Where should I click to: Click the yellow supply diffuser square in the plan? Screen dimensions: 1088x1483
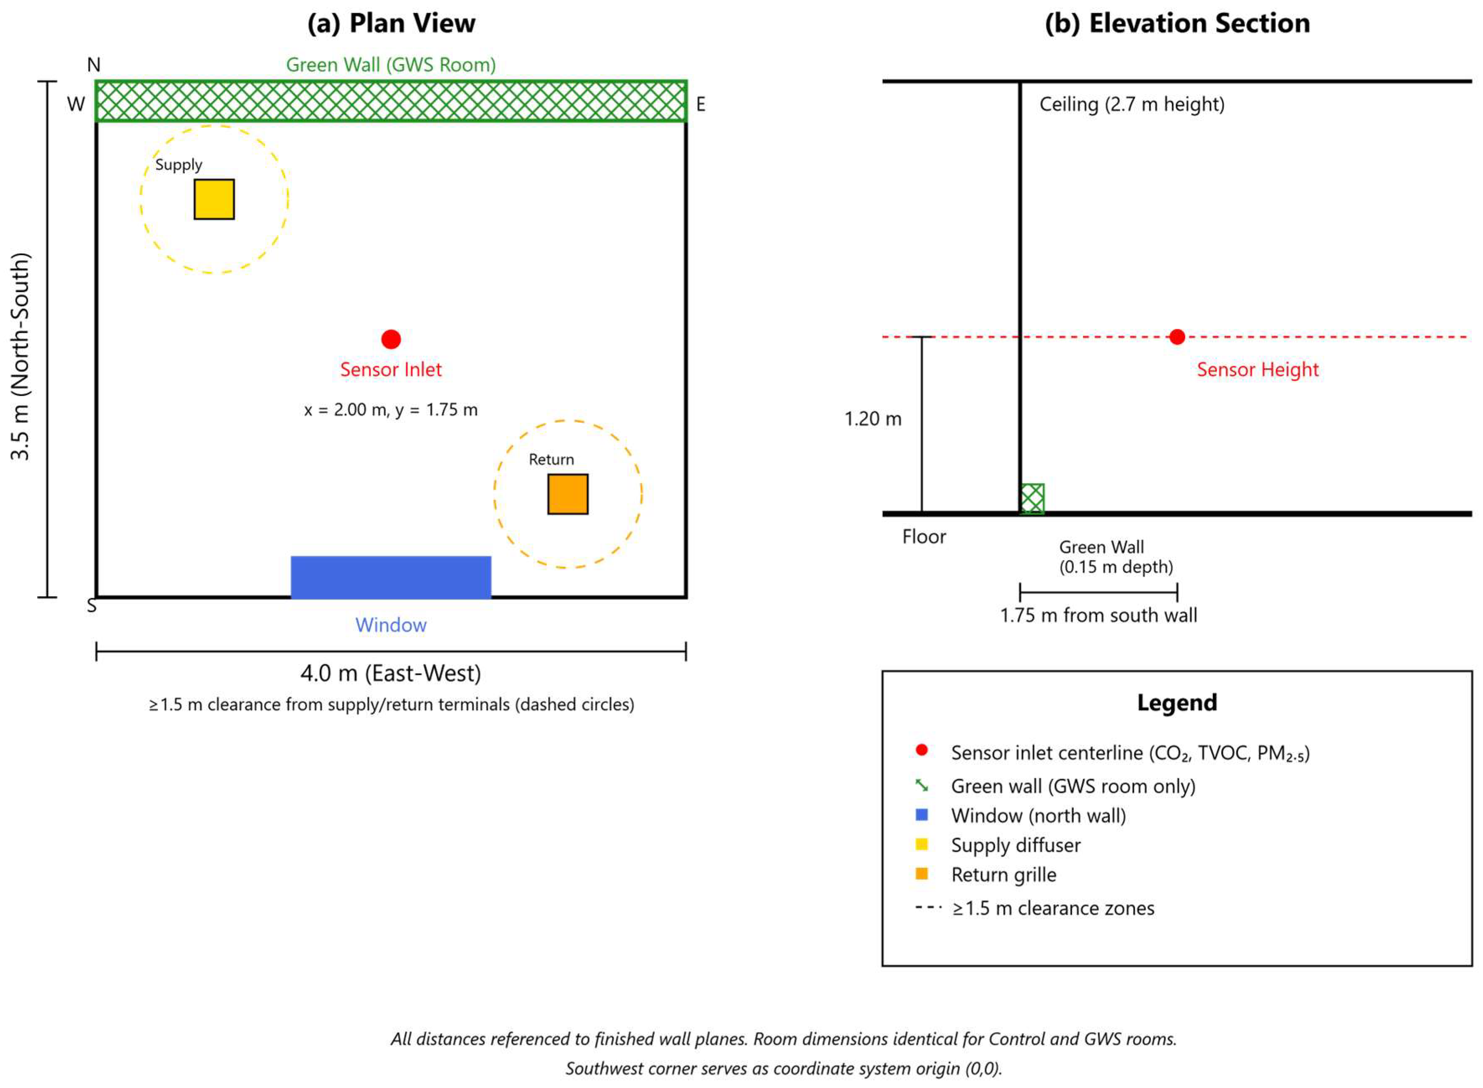point(214,199)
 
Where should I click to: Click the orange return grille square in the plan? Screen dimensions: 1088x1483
point(567,494)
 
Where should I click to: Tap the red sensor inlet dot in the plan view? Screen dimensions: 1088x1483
point(391,339)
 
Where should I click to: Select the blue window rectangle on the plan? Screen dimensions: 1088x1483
point(391,577)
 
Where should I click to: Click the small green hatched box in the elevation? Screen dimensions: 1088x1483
point(1032,499)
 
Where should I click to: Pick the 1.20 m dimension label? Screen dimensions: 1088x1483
point(873,419)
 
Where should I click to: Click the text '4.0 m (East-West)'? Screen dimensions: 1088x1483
point(391,673)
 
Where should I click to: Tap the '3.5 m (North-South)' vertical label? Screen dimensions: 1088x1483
point(21,356)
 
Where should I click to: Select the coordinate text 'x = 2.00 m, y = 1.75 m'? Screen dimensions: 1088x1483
point(391,410)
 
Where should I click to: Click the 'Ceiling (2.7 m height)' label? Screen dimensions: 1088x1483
point(1132,104)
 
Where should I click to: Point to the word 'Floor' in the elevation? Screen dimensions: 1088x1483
point(923,537)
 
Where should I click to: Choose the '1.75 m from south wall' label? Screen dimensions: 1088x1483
point(1098,615)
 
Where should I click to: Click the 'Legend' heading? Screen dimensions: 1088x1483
point(1177,703)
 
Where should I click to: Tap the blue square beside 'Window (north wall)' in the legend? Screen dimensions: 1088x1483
point(921,815)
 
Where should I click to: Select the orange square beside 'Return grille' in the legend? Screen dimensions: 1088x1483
point(921,874)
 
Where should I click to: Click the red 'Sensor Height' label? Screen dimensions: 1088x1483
point(1257,370)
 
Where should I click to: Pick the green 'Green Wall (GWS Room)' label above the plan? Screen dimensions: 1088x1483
point(391,65)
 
